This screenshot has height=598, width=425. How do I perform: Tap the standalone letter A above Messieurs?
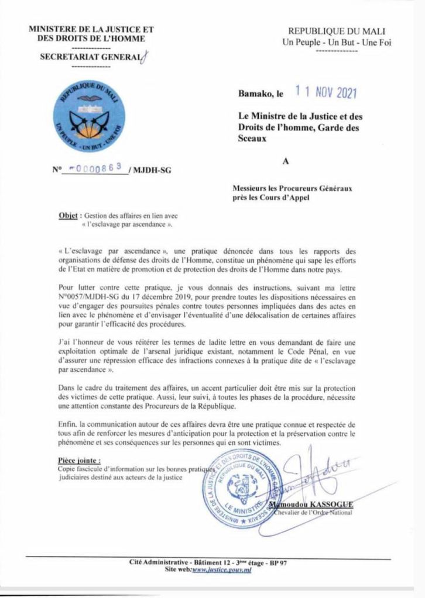pos(287,164)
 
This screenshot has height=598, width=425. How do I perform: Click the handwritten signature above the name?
pos(316,471)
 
